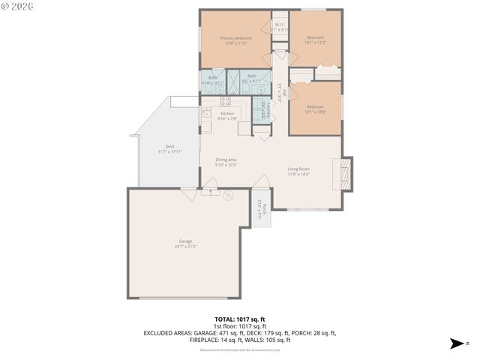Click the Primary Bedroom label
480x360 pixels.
235,40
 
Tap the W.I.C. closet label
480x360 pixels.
279,27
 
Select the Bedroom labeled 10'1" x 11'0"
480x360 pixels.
314,40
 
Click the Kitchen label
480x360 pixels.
226,115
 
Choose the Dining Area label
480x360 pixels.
226,162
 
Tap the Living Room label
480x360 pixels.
298,171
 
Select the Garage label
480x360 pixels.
185,244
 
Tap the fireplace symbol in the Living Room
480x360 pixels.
345,172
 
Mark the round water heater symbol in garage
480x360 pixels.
229,195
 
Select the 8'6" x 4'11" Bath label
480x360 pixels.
252,78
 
